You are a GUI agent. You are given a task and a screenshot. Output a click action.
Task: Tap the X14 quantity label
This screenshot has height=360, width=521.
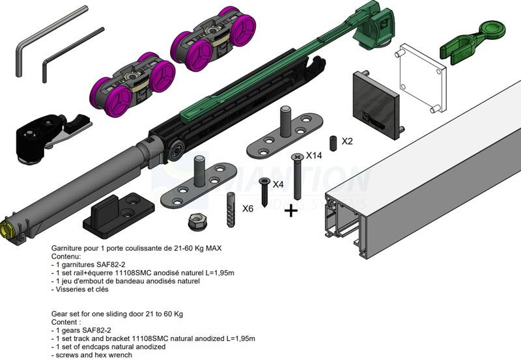pyautogui.click(x=315, y=156)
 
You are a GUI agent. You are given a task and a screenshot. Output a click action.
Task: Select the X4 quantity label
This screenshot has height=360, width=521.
pyautogui.click(x=278, y=184)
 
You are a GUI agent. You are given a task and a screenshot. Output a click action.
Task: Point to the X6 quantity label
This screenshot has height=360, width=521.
pyautogui.click(x=247, y=209)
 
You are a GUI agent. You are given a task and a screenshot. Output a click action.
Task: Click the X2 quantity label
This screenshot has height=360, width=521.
pyautogui.click(x=347, y=141)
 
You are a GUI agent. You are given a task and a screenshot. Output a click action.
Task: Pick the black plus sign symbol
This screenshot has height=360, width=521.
pyautogui.click(x=291, y=210)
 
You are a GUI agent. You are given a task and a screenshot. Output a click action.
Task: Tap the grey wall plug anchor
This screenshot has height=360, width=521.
pyautogui.click(x=230, y=209)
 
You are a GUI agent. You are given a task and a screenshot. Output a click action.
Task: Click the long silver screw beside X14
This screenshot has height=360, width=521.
pyautogui.click(x=298, y=176)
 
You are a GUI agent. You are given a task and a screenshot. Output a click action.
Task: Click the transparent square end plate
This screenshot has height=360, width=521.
pyautogui.click(x=421, y=78)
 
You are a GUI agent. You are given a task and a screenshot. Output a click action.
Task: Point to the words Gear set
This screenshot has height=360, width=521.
pyautogui.click(x=66, y=314)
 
